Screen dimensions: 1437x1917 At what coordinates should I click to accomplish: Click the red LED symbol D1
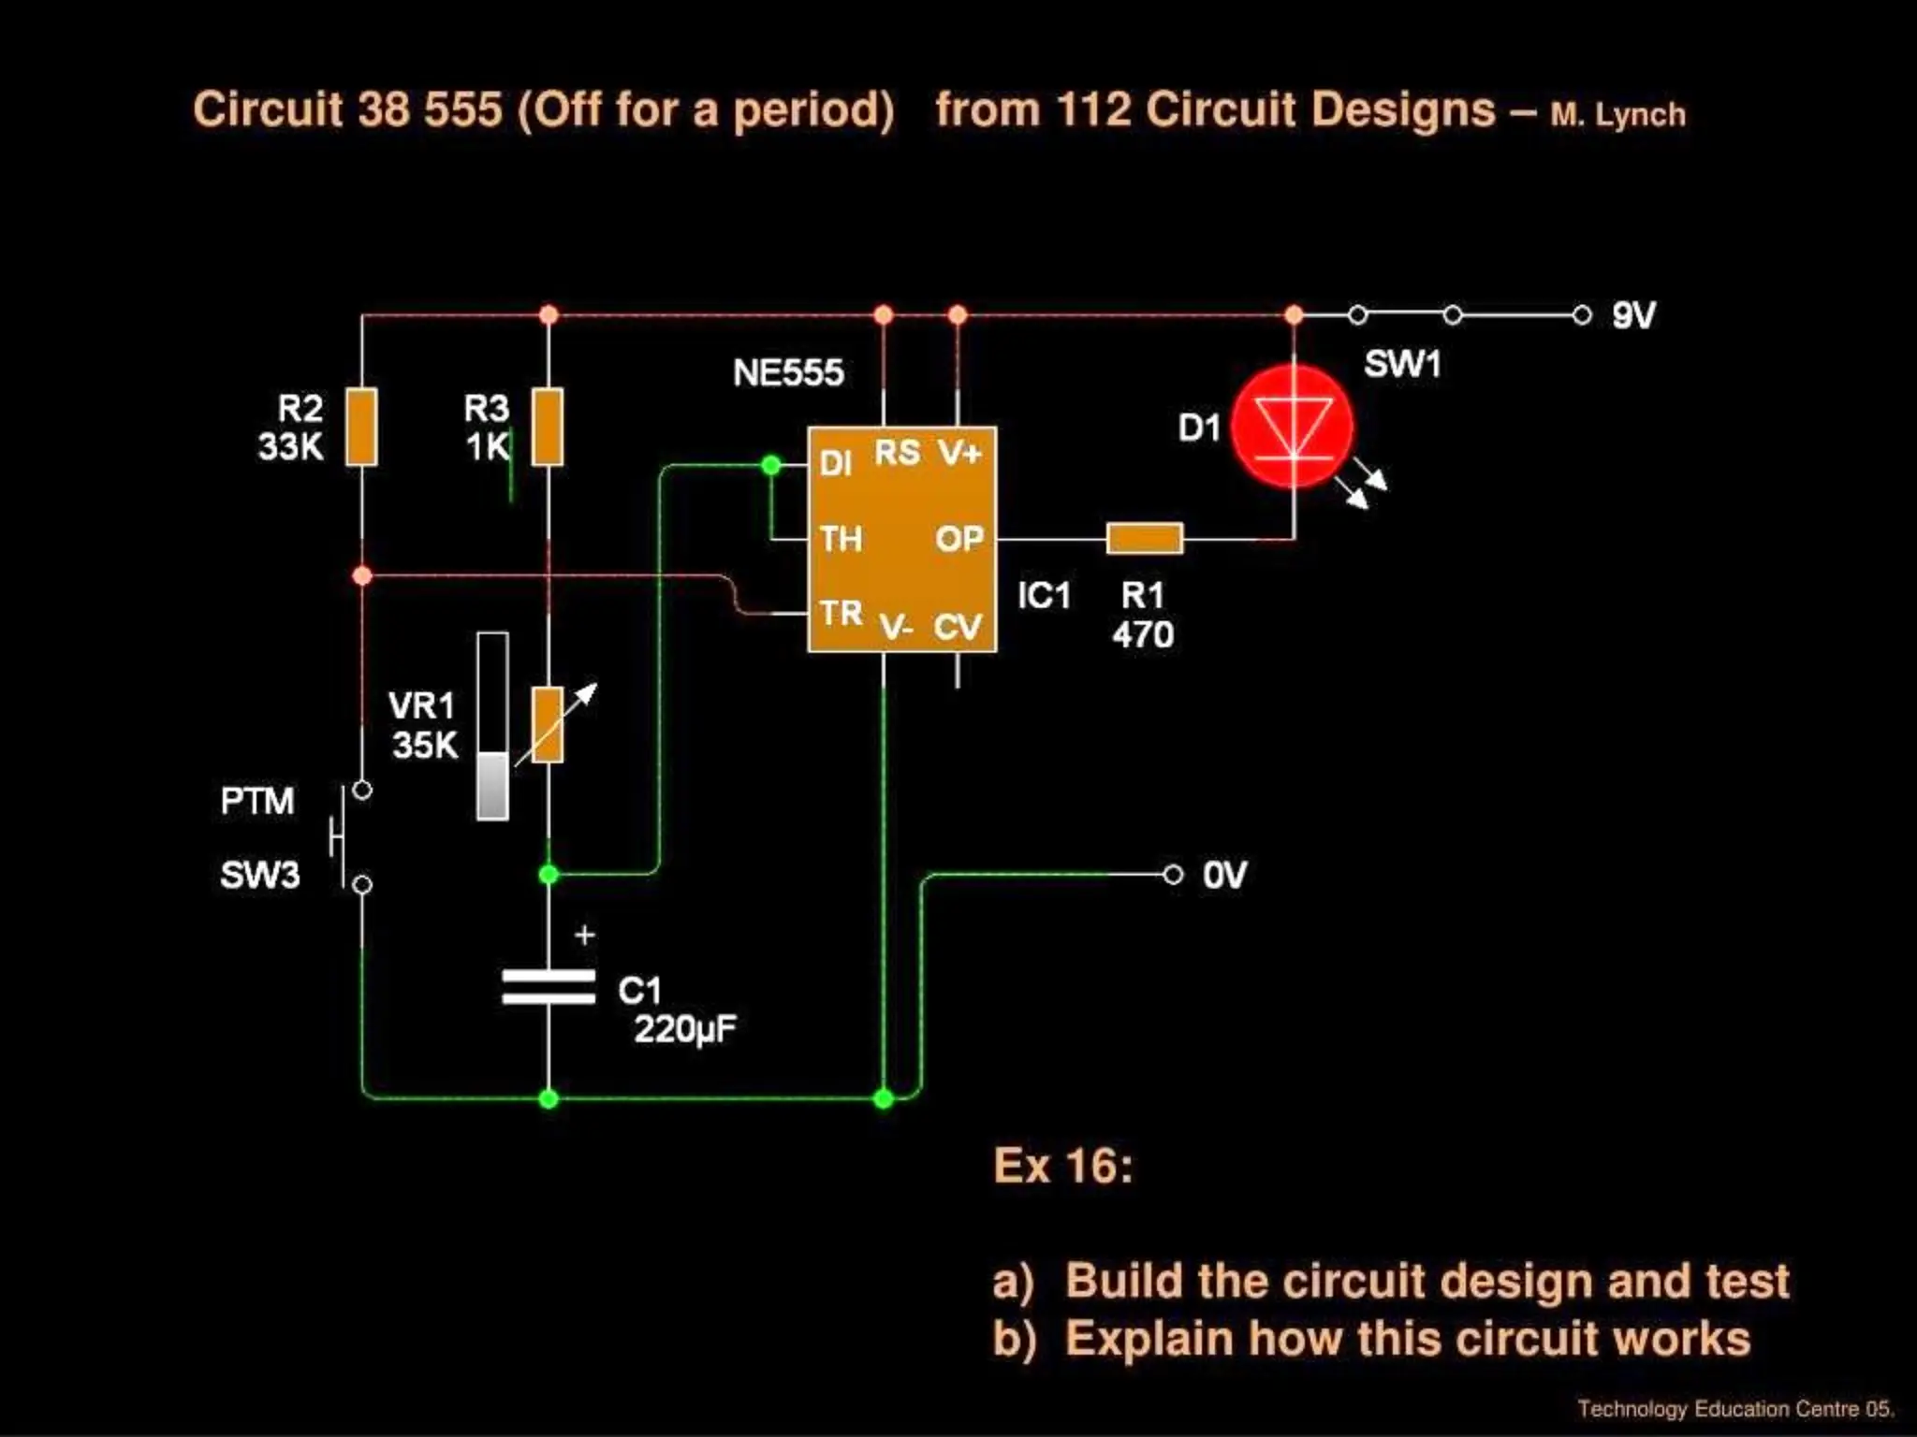tap(1293, 427)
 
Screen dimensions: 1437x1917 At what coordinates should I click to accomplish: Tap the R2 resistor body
tap(361, 427)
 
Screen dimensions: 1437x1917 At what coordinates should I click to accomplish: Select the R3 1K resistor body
tap(548, 427)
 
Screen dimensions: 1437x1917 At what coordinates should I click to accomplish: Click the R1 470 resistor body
tap(1144, 539)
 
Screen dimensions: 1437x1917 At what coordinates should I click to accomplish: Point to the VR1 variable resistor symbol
tap(548, 725)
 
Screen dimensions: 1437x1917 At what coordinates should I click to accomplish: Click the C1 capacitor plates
tap(549, 987)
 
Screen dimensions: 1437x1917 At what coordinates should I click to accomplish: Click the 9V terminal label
tap(1633, 315)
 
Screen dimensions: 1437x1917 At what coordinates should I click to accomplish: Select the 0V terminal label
tap(1224, 876)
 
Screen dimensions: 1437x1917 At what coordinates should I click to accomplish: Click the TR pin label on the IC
tap(841, 613)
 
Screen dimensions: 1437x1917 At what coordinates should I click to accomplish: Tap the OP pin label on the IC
tap(958, 539)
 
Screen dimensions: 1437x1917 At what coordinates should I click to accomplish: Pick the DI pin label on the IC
tap(835, 464)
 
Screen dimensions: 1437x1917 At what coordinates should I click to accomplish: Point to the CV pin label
tap(957, 627)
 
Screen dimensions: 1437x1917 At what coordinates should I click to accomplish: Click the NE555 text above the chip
tap(788, 373)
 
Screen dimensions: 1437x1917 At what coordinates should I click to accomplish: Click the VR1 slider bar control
tap(492, 726)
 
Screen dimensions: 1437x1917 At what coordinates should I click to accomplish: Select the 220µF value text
tap(685, 1030)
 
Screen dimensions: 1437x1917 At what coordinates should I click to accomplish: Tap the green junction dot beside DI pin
tap(770, 465)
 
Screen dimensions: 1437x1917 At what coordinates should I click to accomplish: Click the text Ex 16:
tap(1062, 1167)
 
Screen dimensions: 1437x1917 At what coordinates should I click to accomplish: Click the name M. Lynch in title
tap(1617, 115)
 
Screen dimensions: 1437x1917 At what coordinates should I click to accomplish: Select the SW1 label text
tap(1401, 364)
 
